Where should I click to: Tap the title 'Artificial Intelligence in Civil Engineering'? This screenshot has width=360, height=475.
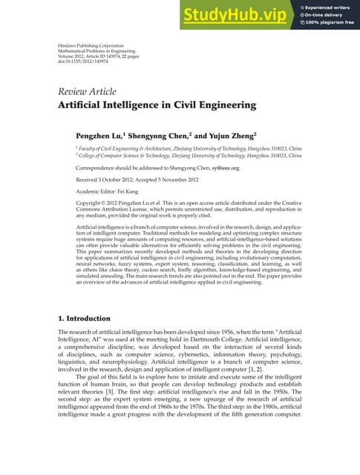point(157,105)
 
